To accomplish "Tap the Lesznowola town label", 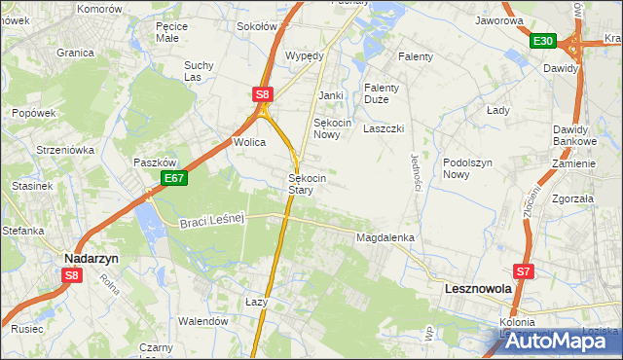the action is (477, 289).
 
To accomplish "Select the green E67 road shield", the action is (174, 178).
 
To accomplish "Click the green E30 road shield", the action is (543, 41).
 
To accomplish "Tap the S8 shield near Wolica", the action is (262, 94).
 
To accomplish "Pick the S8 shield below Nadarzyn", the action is (71, 275).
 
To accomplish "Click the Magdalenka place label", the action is (385, 237).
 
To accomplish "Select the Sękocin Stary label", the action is (306, 185).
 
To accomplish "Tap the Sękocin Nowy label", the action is (332, 129).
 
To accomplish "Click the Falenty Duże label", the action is (384, 93).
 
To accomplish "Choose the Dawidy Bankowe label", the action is (574, 136).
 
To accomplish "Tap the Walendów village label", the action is (202, 321).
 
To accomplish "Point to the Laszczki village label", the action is (383, 127).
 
